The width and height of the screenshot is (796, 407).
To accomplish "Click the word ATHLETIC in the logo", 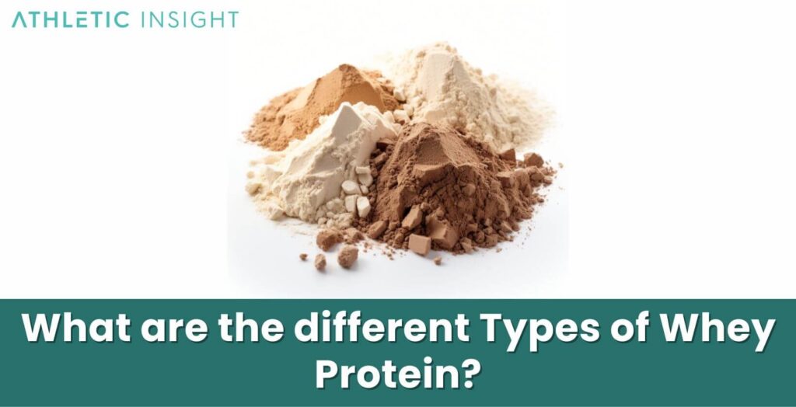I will coord(71,19).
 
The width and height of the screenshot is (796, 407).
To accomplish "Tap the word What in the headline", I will coord(77,331).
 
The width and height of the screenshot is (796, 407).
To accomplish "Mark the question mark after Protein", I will coord(466,374).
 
